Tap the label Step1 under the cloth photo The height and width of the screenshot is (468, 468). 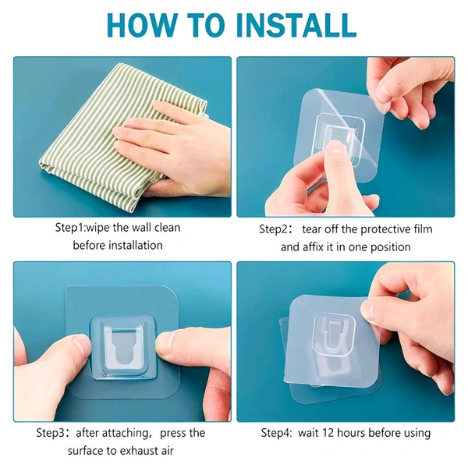pos(70,228)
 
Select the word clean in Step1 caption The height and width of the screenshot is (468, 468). pos(167,228)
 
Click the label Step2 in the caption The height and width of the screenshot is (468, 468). pos(274,229)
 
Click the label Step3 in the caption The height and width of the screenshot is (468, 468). pos(51,433)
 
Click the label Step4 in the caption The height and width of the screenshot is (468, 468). pos(275,433)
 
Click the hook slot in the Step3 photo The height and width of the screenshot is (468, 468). pos(123,347)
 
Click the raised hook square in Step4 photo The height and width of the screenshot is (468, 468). pos(335,335)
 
